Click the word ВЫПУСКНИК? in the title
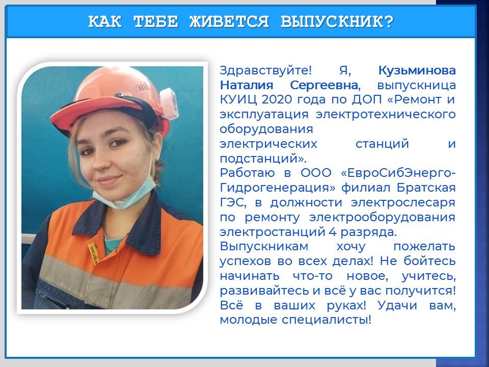337,22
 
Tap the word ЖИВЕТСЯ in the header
229,22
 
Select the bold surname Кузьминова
417,70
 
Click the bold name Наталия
247,85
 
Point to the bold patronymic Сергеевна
324,85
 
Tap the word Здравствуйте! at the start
266,71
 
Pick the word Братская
426,188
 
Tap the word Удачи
397,305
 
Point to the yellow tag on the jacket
93,253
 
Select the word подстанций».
263,159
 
